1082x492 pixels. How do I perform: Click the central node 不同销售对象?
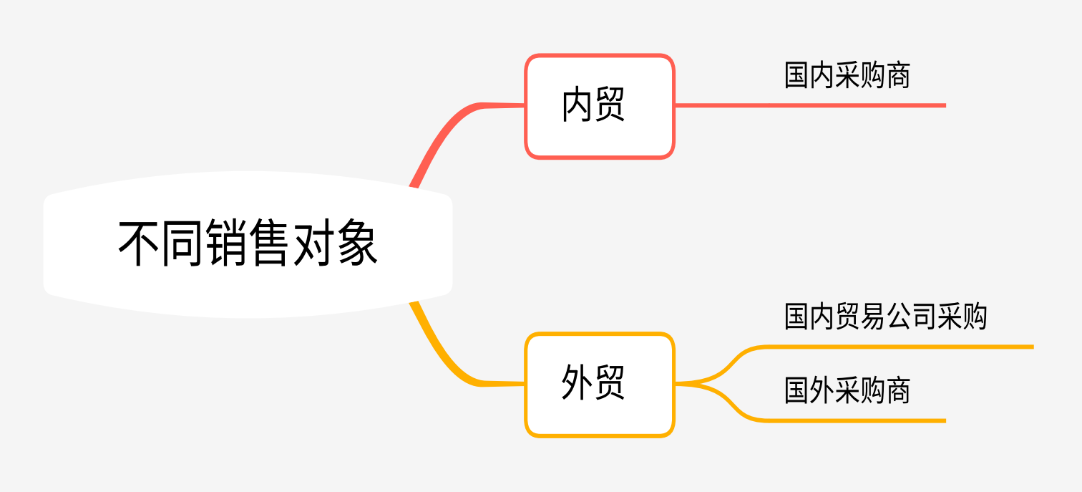click(x=248, y=244)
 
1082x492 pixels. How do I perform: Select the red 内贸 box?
click(x=600, y=106)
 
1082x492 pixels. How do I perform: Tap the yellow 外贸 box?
click(x=600, y=385)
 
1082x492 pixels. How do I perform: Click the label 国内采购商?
click(x=847, y=75)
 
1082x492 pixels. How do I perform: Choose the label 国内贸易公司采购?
click(x=885, y=316)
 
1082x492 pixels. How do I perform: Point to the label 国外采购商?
click(x=847, y=391)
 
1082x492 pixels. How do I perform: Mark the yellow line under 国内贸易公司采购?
click(x=895, y=347)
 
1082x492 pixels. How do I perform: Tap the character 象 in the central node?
click(x=358, y=244)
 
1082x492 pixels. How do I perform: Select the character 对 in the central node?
click(x=314, y=244)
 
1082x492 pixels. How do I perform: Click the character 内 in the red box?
click(x=577, y=106)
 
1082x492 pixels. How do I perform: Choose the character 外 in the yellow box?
click(x=577, y=383)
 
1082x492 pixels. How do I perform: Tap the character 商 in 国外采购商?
click(x=897, y=391)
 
